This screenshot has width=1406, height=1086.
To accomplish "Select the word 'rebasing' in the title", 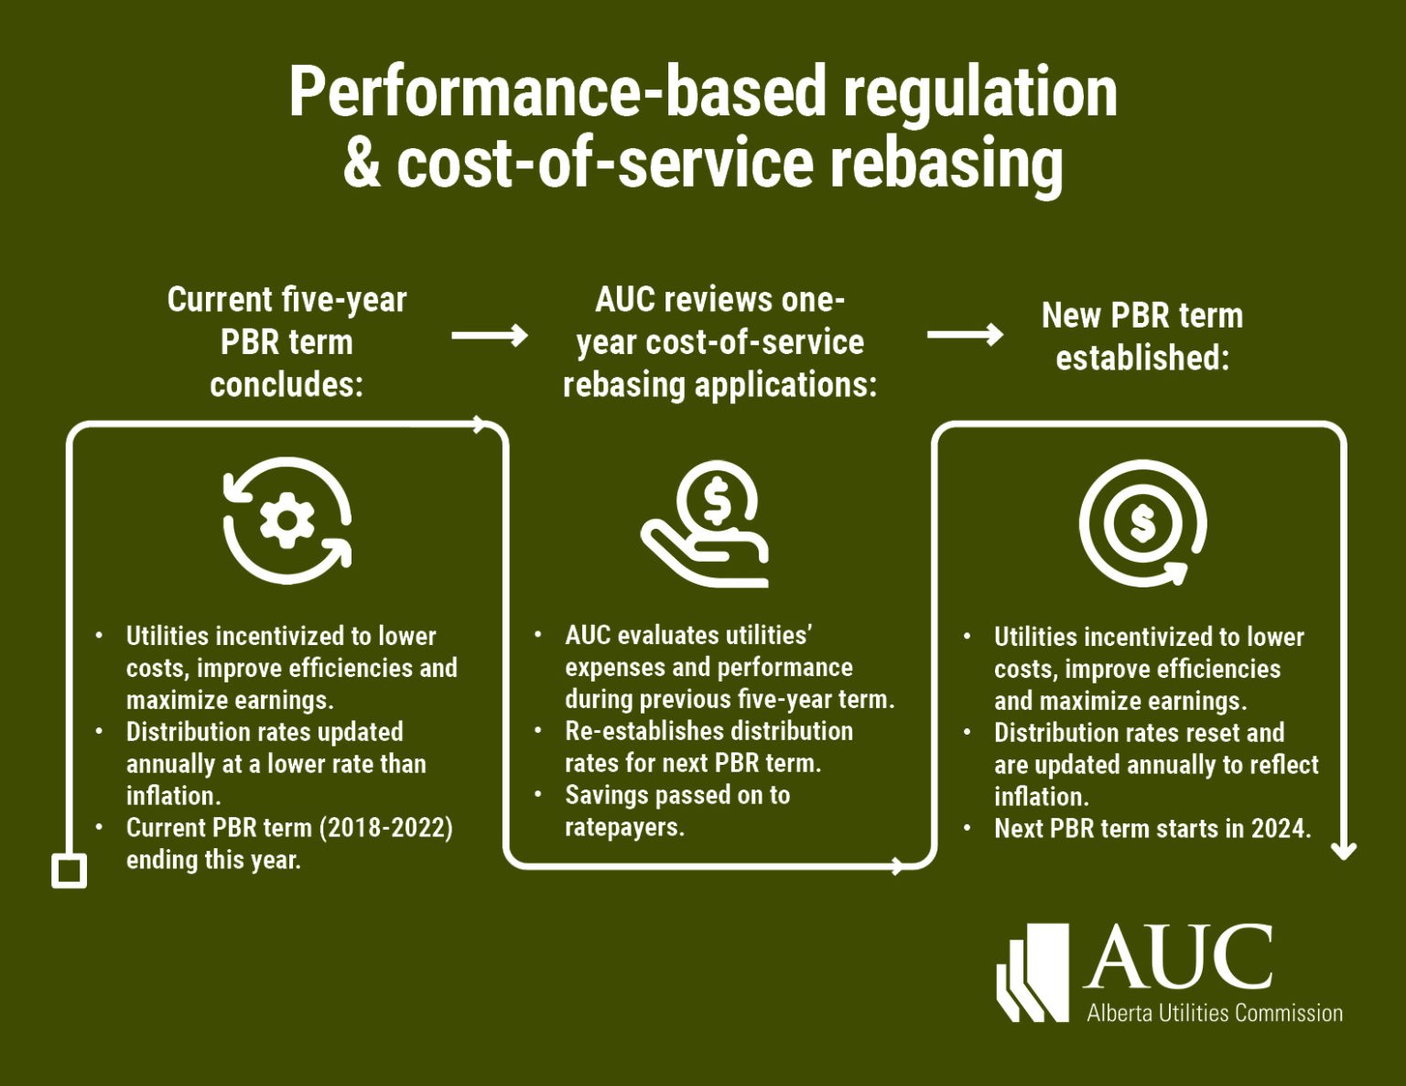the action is (x=946, y=165).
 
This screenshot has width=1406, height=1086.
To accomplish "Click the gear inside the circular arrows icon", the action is (x=287, y=521).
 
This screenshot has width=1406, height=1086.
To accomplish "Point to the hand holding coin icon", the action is (x=705, y=523).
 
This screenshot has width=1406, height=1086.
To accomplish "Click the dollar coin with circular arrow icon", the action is (x=1142, y=523).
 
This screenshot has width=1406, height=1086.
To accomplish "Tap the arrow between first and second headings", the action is (x=489, y=335).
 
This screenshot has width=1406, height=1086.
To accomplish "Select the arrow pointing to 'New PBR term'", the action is (x=965, y=335).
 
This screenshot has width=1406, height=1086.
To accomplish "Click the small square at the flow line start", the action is (x=70, y=871).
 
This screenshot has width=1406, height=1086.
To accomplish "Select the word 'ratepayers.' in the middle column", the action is (x=624, y=827).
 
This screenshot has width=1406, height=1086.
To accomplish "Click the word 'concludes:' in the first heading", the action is (x=287, y=385).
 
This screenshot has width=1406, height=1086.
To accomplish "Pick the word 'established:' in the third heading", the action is (x=1142, y=358).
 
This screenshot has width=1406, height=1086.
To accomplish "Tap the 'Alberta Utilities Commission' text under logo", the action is (x=1215, y=1012).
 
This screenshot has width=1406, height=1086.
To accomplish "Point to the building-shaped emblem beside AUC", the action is (x=1033, y=973).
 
